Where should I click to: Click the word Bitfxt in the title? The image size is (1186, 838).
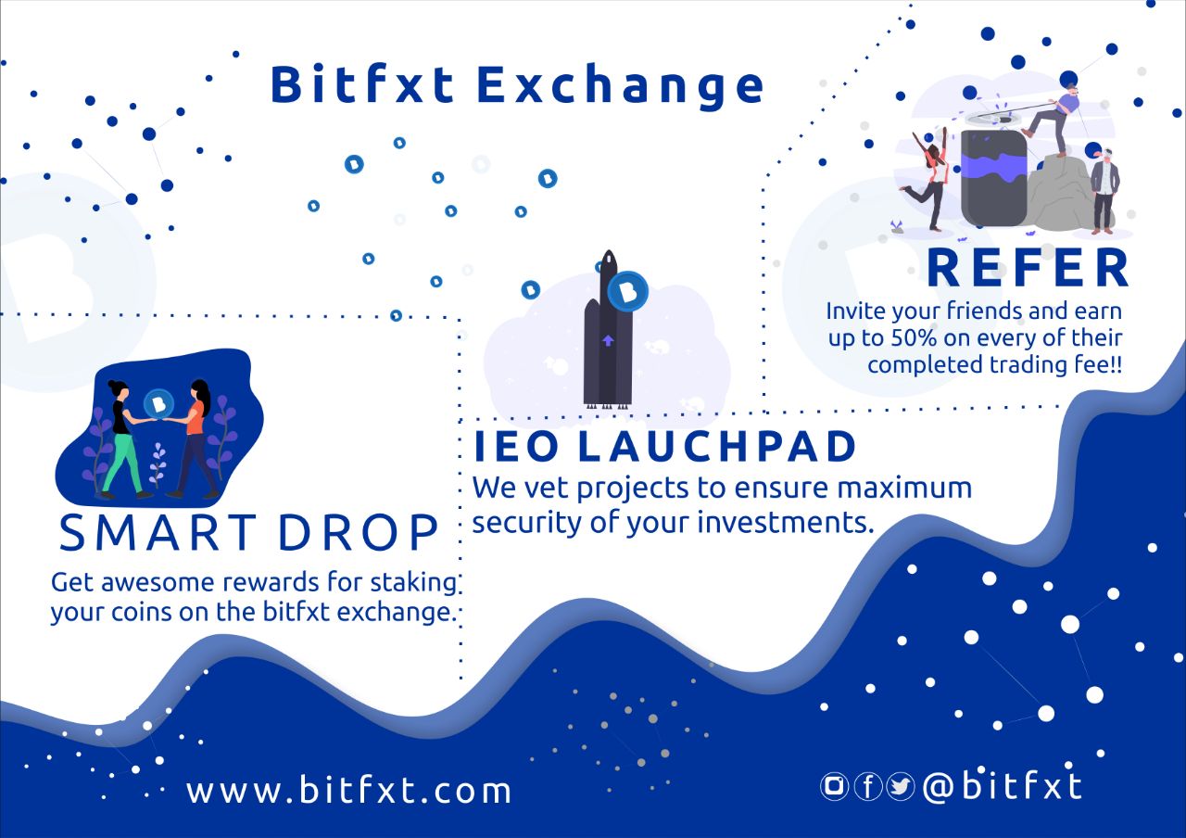pyautogui.click(x=362, y=83)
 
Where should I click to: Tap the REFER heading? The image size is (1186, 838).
pyautogui.click(x=1028, y=268)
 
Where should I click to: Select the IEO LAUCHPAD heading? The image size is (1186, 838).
pyautogui.click(x=664, y=446)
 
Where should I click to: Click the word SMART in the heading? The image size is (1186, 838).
pyautogui.click(x=158, y=532)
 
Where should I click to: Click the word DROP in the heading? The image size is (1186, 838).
pyautogui.click(x=358, y=532)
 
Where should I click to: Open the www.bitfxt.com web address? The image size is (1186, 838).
pyautogui.click(x=349, y=791)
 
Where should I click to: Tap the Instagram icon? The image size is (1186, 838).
pyautogui.click(x=835, y=786)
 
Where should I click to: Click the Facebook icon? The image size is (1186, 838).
pyautogui.click(x=868, y=786)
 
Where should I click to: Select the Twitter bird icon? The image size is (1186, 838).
pyautogui.click(x=901, y=786)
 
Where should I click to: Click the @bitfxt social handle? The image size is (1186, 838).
pyautogui.click(x=1003, y=786)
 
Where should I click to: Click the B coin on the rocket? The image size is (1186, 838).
pyautogui.click(x=628, y=291)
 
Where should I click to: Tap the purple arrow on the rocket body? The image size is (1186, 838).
pyautogui.click(x=608, y=340)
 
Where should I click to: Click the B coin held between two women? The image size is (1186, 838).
pyautogui.click(x=158, y=404)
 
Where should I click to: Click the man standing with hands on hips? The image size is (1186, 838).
pyautogui.click(x=1104, y=192)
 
